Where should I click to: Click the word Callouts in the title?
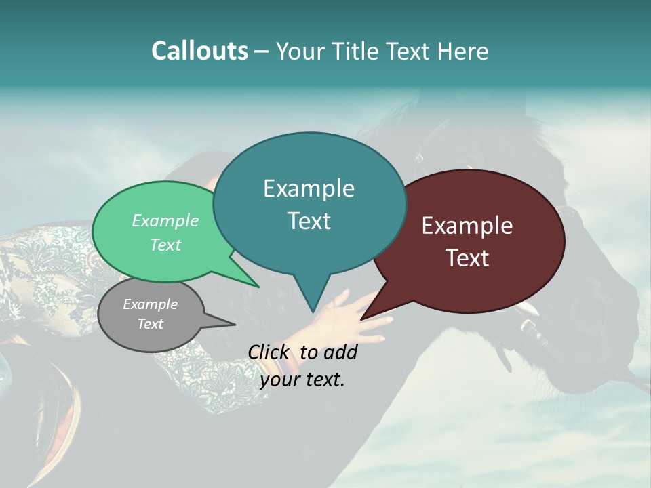tap(199, 51)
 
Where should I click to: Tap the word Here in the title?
tap(461, 51)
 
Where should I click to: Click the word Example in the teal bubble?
tap(309, 188)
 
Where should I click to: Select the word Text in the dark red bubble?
tap(467, 258)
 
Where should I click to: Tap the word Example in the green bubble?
tap(165, 221)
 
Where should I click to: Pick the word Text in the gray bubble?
tap(151, 324)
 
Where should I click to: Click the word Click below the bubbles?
tap(269, 352)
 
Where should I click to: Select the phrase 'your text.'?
tap(302, 380)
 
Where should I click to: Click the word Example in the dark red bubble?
tap(467, 226)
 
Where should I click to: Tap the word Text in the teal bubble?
tap(309, 221)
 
